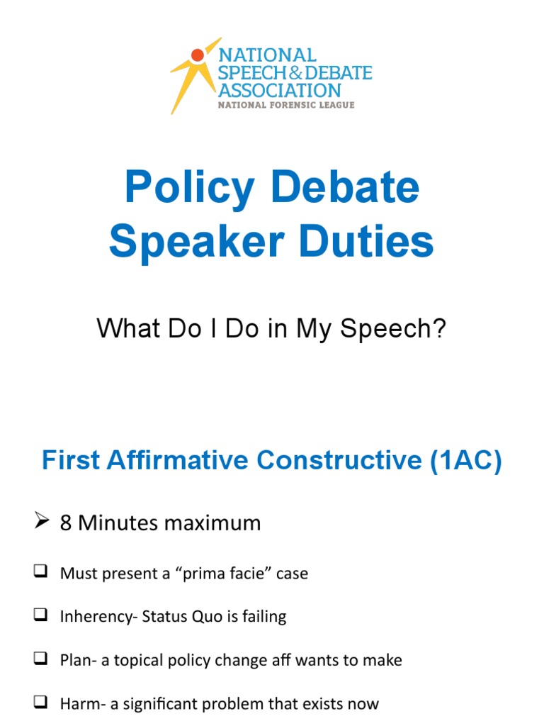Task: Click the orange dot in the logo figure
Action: tap(198, 55)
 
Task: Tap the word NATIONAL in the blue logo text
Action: tap(267, 55)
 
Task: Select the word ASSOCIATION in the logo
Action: tap(279, 91)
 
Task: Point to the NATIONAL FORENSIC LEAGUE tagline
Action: tap(285, 106)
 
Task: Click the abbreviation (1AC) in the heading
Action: tap(465, 461)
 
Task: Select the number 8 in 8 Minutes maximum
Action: tap(67, 523)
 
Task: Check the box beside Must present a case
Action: tap(40, 572)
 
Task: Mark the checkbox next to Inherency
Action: tap(40, 616)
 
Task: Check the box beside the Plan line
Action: tap(40, 660)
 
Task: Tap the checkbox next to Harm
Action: tap(40, 703)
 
